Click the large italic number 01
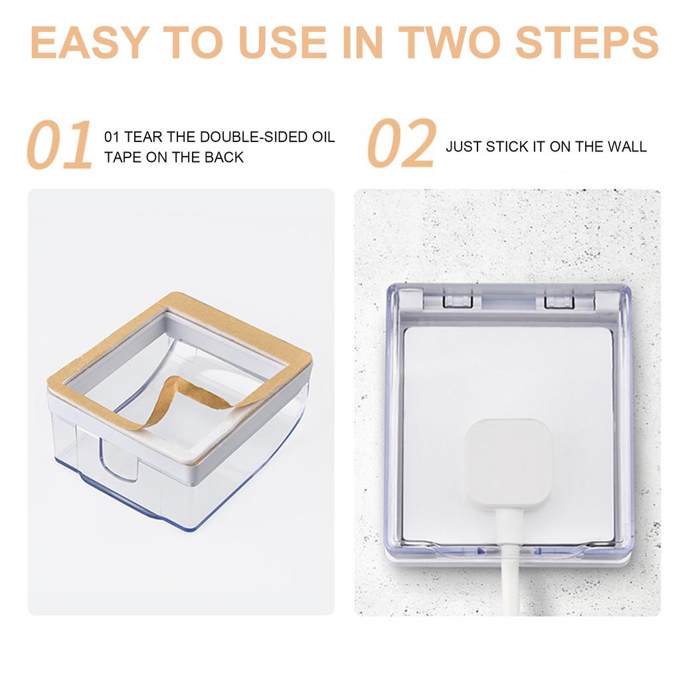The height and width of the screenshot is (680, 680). click(x=60, y=145)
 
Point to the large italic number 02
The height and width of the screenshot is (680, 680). click(x=402, y=144)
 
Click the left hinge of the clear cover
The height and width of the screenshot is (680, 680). click(x=458, y=301)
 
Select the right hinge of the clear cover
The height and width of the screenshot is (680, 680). click(x=558, y=301)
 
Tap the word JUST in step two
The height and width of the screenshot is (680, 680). click(x=464, y=147)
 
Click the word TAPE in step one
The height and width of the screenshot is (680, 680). click(x=124, y=157)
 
